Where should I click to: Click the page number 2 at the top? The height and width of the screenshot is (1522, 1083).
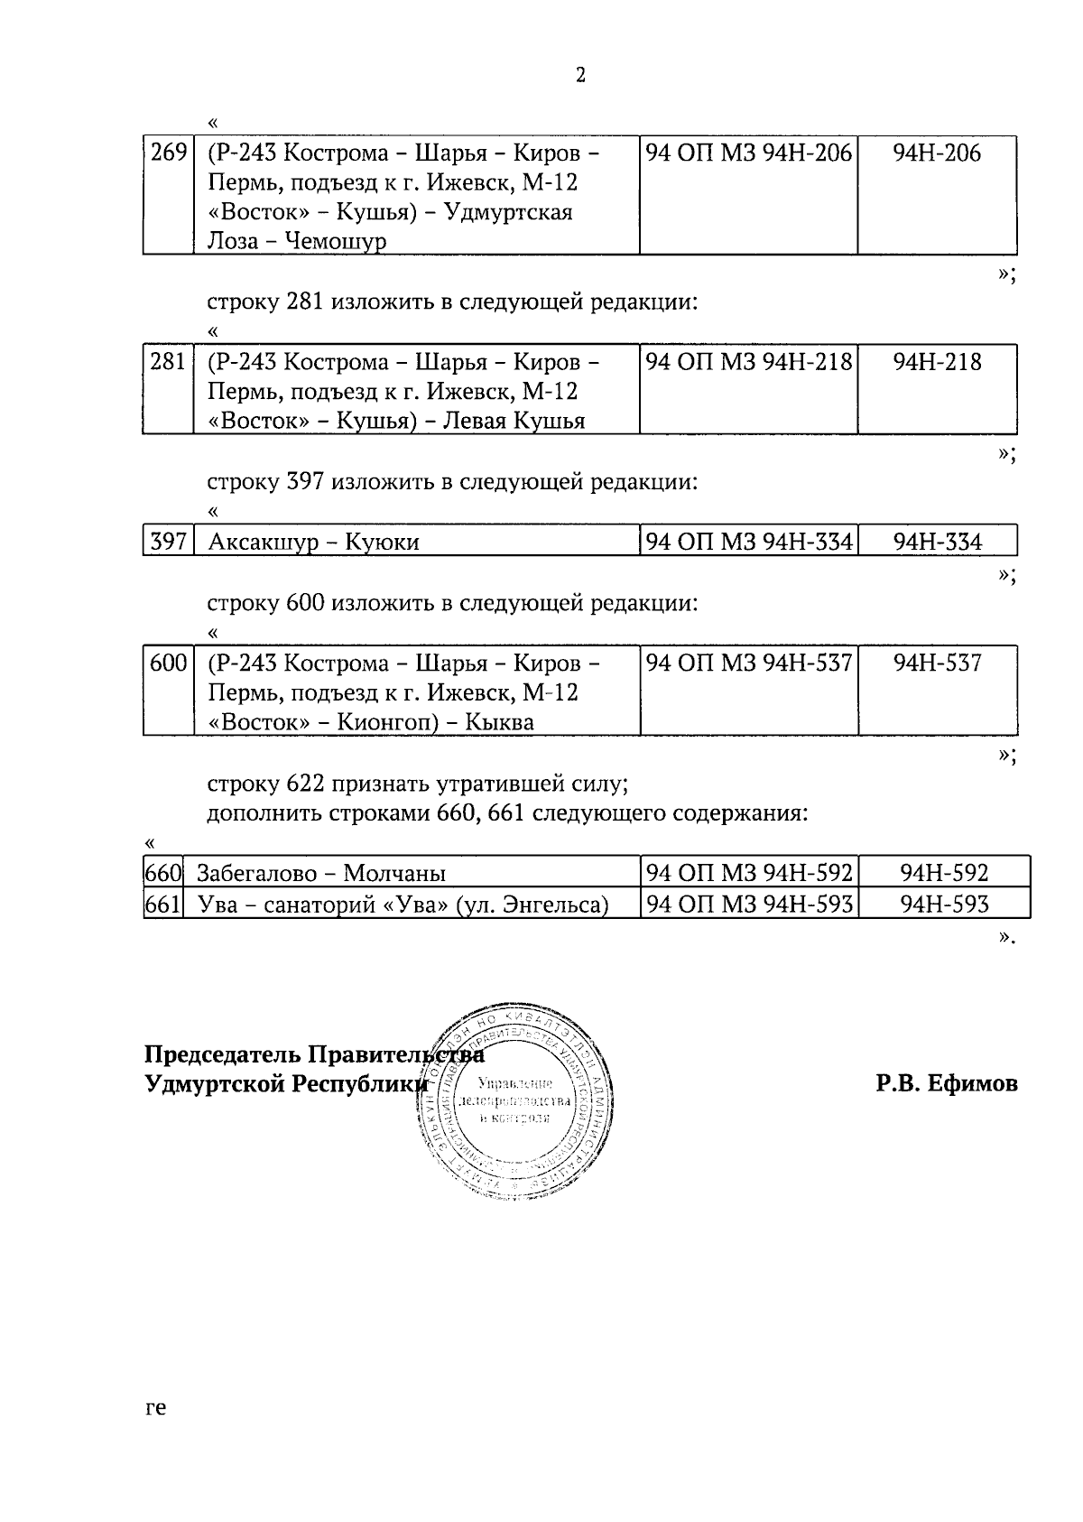pos(580,76)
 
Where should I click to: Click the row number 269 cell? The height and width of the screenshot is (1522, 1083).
pos(168,153)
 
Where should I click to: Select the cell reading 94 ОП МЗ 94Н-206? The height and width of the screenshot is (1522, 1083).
pos(749,153)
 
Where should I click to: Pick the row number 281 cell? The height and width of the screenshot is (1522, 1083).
pos(168,362)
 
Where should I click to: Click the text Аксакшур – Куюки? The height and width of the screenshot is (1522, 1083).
pos(313,543)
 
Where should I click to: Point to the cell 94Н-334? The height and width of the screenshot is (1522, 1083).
pos(937,542)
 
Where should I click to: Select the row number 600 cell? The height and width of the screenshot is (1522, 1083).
pos(168,663)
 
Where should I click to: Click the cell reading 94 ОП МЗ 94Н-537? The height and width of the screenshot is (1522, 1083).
pos(749,664)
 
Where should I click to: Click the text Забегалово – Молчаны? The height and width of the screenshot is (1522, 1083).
pos(321,874)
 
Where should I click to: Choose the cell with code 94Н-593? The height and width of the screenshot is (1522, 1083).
pos(944,904)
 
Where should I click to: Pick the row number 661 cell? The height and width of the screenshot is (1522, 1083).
pos(163,904)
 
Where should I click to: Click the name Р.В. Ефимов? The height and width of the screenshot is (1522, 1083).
pos(946,1083)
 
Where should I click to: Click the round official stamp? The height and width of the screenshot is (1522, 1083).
pos(515,1100)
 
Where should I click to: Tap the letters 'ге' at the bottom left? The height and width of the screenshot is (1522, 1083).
pos(155,1407)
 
